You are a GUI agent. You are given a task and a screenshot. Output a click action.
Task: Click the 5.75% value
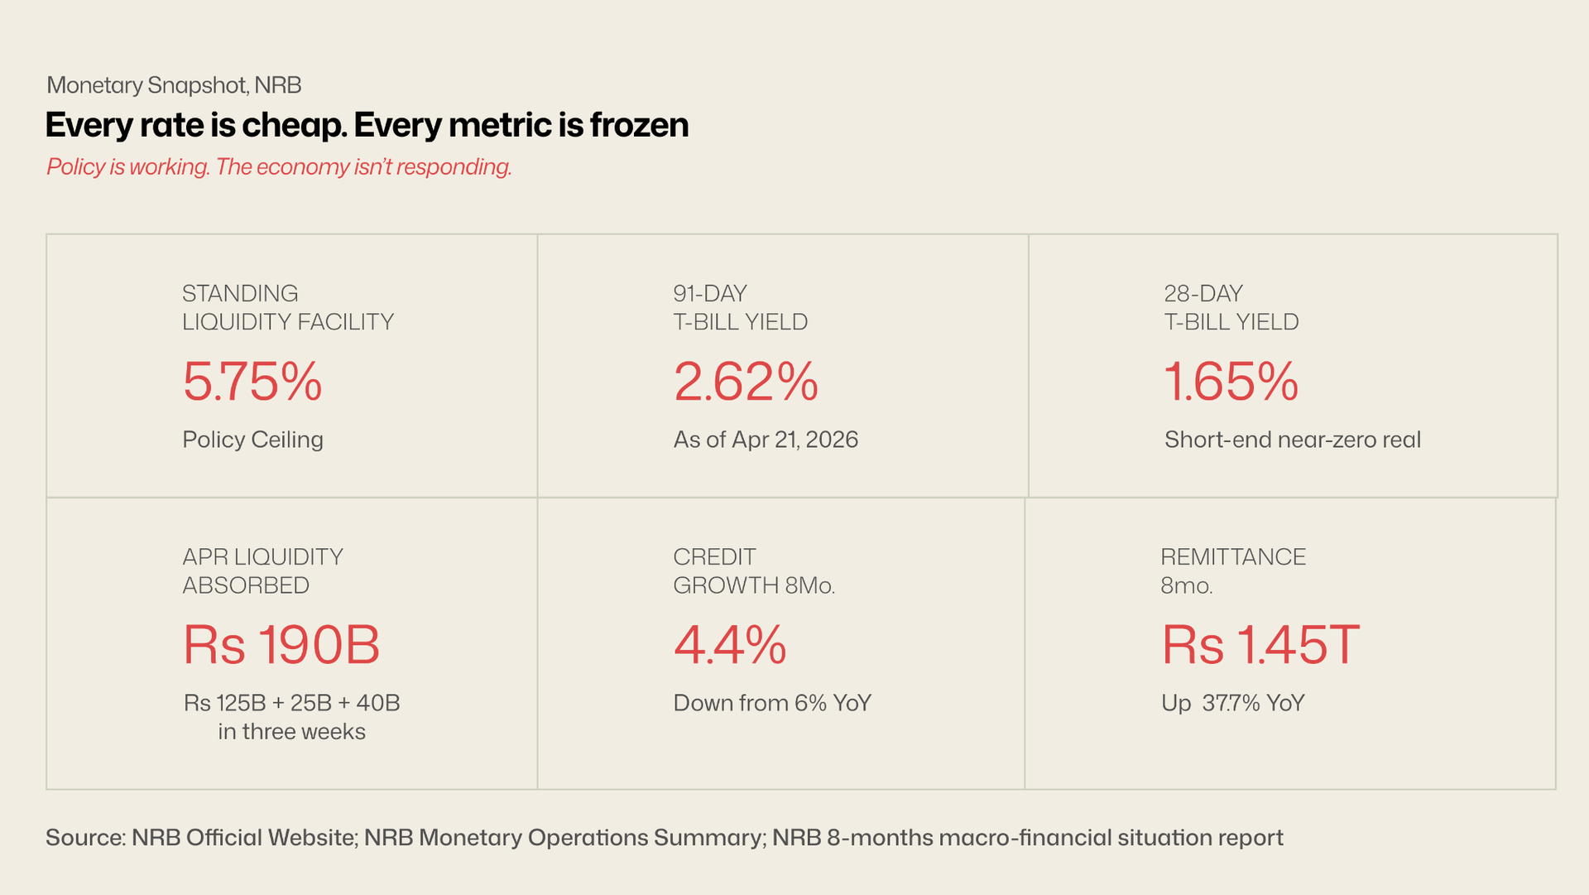pos(252,383)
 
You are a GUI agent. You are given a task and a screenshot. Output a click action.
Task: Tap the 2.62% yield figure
pos(746,383)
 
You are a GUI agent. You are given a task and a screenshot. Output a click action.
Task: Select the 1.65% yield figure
pos(1231,383)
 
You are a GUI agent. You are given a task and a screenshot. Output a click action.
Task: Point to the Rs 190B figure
pos(281,646)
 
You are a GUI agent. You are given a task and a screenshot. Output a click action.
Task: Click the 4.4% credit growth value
pos(730,646)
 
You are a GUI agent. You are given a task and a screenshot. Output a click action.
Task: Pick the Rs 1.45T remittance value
pos(1260,646)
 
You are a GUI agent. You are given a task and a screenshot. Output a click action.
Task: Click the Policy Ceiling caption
pos(252,440)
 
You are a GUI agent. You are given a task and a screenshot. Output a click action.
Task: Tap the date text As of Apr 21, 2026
pos(766,440)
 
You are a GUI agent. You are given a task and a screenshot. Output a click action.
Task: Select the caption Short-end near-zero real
pos(1292,440)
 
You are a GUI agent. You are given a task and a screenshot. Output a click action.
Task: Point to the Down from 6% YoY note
pos(772,703)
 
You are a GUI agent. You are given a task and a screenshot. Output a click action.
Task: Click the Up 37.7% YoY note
pos(1232,703)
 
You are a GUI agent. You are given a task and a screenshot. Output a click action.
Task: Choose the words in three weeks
pos(291,732)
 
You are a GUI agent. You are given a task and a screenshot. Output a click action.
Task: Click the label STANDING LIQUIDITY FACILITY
pos(287,307)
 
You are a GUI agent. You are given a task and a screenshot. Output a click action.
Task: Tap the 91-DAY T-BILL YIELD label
pos(740,307)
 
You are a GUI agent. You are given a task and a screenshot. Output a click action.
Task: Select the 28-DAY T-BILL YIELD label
pos(1231,307)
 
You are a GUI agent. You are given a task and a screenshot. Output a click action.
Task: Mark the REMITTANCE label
pos(1232,557)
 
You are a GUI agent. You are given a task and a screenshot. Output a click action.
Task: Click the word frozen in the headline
pos(639,125)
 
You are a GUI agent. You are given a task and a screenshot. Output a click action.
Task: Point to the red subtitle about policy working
pos(279,167)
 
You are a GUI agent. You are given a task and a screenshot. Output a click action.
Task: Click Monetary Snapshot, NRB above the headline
pos(174,85)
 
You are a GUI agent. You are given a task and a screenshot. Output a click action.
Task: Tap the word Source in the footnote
pos(84,838)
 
